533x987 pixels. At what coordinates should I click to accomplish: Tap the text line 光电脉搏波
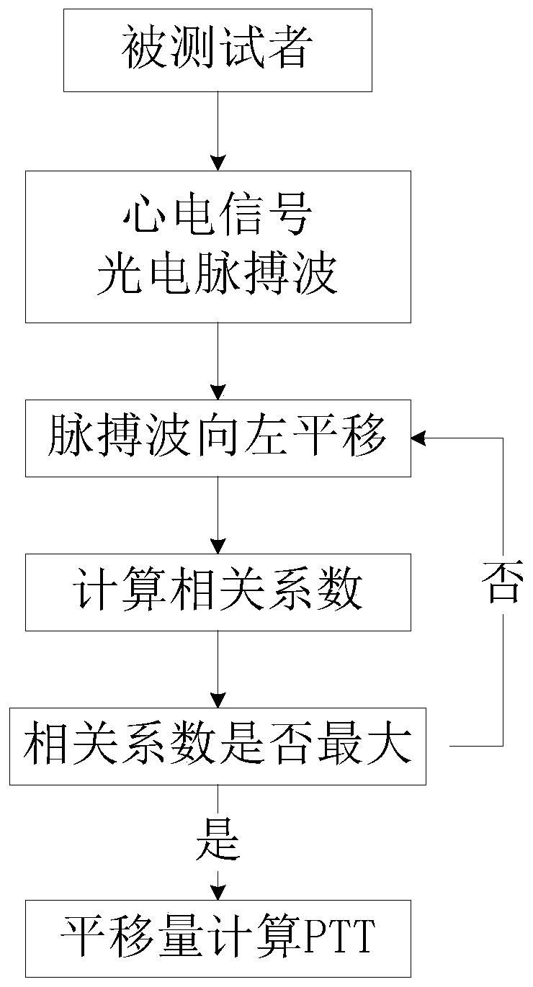point(218,274)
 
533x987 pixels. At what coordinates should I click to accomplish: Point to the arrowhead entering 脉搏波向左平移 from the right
point(418,438)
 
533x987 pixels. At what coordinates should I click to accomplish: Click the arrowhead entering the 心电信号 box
point(218,163)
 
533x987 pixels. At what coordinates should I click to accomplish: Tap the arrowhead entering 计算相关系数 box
point(218,546)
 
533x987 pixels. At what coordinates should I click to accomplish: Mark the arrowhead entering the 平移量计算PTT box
point(218,893)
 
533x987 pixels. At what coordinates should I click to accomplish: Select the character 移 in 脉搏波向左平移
point(366,437)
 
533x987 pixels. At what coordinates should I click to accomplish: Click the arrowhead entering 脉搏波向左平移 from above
point(218,392)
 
